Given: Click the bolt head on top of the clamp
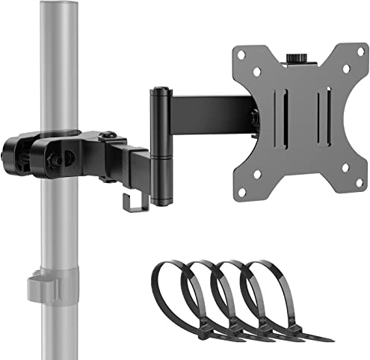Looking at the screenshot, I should (109, 135).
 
